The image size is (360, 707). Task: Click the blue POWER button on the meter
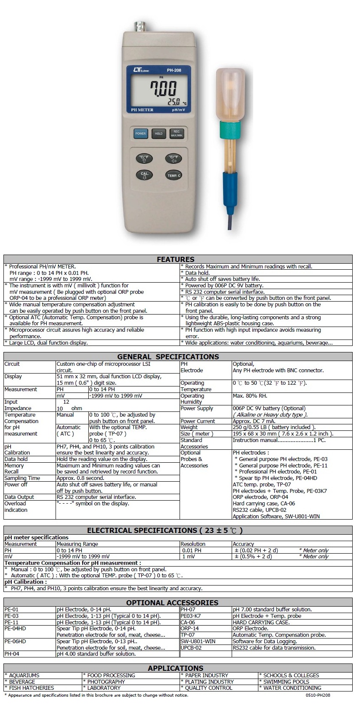pyautogui.click(x=140, y=134)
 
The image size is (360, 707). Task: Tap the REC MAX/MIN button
pyautogui.click(x=177, y=134)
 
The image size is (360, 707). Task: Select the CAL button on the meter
pyautogui.click(x=144, y=175)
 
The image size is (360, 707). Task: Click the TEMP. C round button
pyautogui.click(x=174, y=175)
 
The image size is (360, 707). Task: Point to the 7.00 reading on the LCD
pyautogui.click(x=163, y=89)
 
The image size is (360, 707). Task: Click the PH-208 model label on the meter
pyautogui.click(x=174, y=70)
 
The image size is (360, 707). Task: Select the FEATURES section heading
pyautogui.click(x=175, y=259)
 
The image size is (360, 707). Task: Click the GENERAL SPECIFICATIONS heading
pyautogui.click(x=168, y=357)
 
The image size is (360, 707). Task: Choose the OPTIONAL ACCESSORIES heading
pyautogui.click(x=172, y=603)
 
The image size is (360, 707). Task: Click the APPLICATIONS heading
pyautogui.click(x=175, y=668)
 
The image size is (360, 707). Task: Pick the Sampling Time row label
pyautogui.click(x=22, y=478)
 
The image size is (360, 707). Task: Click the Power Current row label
pyautogui.click(x=198, y=421)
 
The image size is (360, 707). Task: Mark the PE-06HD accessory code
pyautogui.click(x=15, y=642)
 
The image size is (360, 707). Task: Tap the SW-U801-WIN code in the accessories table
pyautogui.click(x=198, y=642)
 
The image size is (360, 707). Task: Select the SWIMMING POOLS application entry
pyautogui.click(x=286, y=682)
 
